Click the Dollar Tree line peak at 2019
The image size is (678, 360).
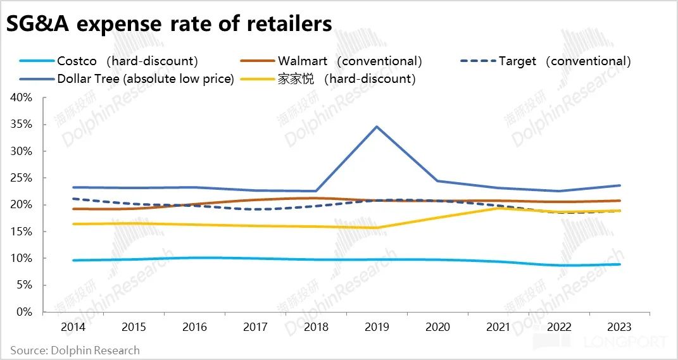click(377, 127)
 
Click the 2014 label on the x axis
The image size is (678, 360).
click(73, 327)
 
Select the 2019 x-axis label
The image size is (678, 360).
click(377, 327)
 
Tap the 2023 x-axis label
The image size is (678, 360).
click(620, 327)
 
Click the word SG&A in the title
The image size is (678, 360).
click(40, 24)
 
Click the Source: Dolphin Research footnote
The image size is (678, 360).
click(75, 350)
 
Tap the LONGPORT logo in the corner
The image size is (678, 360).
click(627, 342)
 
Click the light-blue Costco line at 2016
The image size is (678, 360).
click(194, 258)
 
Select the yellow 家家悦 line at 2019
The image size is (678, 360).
click(377, 228)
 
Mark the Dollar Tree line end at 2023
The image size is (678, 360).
click(620, 185)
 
